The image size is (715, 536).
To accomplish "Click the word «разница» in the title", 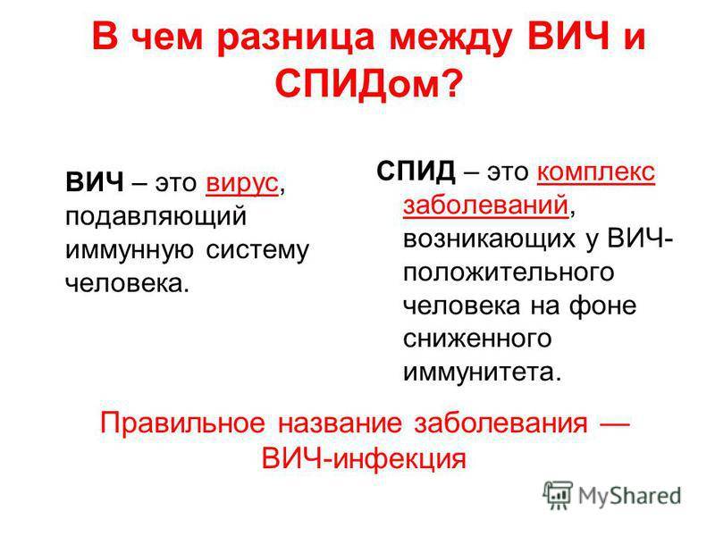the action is click(x=296, y=38).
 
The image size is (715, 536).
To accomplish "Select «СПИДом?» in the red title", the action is click(x=369, y=84).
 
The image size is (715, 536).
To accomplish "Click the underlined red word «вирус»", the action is click(x=241, y=183).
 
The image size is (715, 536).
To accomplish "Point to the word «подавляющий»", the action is click(x=156, y=216).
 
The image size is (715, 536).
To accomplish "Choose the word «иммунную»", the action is click(x=129, y=250).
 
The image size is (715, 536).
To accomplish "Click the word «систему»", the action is click(x=257, y=250).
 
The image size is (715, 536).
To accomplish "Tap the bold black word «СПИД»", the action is click(x=416, y=172).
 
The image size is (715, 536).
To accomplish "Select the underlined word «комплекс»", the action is click(x=596, y=172).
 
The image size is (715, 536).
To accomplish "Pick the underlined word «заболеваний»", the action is click(x=486, y=205).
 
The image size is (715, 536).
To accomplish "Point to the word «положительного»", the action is click(x=509, y=272).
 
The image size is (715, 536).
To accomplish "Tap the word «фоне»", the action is click(x=602, y=305).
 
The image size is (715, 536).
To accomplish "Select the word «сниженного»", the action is click(x=477, y=339).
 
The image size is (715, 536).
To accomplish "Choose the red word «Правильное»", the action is click(x=182, y=423).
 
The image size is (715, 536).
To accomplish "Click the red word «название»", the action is click(x=340, y=423).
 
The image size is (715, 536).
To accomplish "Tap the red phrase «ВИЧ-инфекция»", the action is click(x=364, y=457).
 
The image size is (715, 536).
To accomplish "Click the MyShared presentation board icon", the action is click(x=558, y=495).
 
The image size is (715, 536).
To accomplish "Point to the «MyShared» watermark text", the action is click(x=630, y=495).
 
